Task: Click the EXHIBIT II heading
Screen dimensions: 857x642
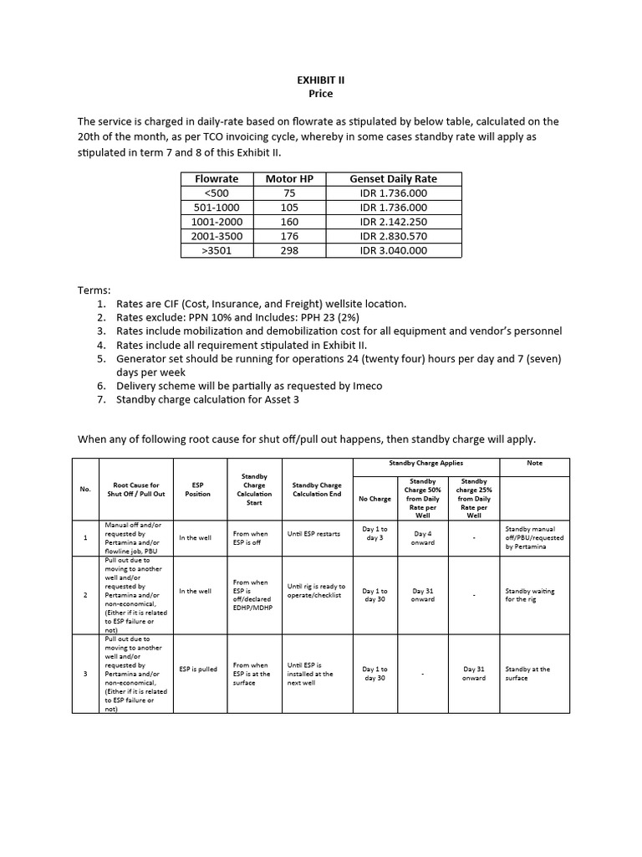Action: click(x=321, y=80)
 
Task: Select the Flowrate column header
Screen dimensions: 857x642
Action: click(x=217, y=178)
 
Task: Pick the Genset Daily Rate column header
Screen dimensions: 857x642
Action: click(x=393, y=178)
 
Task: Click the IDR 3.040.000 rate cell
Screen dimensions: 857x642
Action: click(x=393, y=250)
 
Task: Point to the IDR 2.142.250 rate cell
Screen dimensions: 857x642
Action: click(x=393, y=221)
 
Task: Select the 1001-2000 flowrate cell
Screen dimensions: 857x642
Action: click(x=217, y=221)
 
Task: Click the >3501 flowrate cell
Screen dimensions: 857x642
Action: click(x=217, y=250)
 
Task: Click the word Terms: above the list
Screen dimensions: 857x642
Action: click(x=94, y=290)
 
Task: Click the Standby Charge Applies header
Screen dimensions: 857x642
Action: click(x=426, y=463)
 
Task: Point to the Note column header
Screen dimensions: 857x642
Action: click(x=534, y=463)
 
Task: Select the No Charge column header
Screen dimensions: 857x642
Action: click(x=374, y=499)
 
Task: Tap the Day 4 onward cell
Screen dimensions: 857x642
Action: click(x=423, y=537)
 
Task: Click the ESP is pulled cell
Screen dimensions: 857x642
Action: click(x=198, y=669)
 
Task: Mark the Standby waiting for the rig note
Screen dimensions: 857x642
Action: click(x=529, y=595)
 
